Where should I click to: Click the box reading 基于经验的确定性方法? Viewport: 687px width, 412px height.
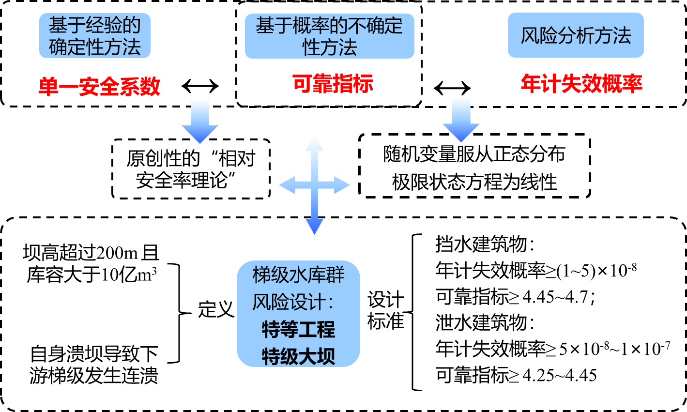[x=95, y=36]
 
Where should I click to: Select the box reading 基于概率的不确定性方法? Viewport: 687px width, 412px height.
[x=329, y=36]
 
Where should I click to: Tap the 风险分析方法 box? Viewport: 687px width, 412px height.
[x=576, y=35]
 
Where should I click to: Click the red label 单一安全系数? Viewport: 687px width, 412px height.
[x=99, y=87]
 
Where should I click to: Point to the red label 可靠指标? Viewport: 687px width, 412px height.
[x=333, y=84]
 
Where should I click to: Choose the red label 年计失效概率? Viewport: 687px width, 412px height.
[x=581, y=84]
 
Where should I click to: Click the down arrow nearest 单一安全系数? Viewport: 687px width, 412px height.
[x=200, y=122]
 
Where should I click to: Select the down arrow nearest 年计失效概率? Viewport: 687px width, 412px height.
[x=461, y=120]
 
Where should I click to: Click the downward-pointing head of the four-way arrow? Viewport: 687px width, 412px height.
[x=314, y=227]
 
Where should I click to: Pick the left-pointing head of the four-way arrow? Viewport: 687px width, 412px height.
[x=287, y=185]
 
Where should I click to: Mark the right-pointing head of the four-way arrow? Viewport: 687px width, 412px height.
[x=342, y=185]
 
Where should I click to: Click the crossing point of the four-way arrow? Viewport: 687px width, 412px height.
[x=314, y=185]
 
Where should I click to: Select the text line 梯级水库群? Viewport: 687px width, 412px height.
[x=298, y=275]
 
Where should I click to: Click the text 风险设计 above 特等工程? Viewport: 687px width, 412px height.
[x=289, y=303]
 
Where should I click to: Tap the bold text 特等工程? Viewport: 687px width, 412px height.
[x=298, y=330]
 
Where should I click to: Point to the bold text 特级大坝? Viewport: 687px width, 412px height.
[x=298, y=357]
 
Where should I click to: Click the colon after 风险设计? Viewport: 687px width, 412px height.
[x=331, y=304]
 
